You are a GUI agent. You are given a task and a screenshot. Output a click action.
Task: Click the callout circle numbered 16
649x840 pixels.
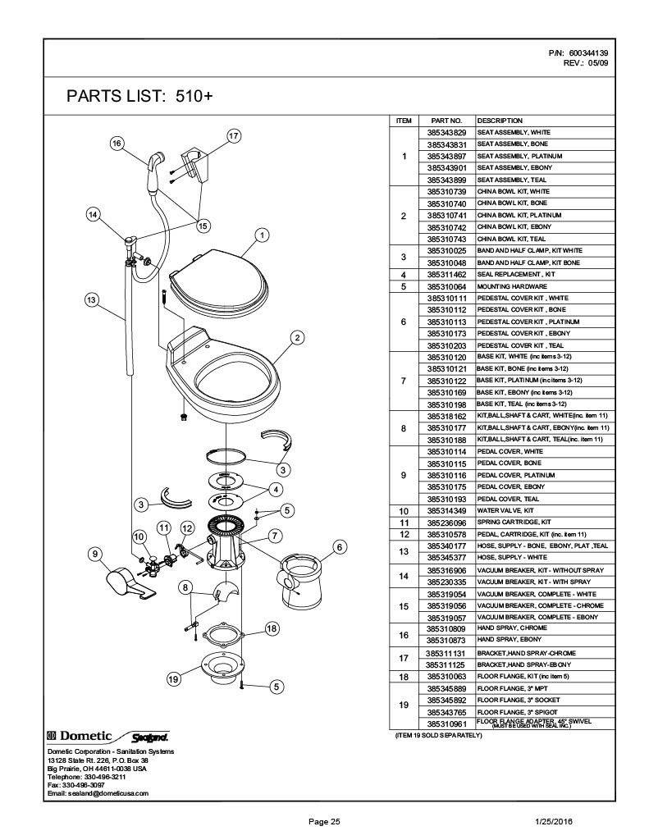coord(117,143)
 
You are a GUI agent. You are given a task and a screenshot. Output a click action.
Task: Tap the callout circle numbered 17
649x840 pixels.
coord(233,135)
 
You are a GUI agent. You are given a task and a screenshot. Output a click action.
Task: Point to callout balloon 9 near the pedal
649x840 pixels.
coord(96,554)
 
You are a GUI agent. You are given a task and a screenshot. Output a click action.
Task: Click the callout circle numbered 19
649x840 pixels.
coord(174,678)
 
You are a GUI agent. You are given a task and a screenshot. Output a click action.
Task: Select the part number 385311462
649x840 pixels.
coord(447,274)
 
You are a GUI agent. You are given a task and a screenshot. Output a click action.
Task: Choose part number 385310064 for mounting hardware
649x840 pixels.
coord(447,285)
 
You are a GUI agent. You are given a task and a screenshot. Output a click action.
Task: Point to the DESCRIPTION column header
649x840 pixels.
coord(494,121)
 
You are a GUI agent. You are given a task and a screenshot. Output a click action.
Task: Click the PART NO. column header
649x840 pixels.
coord(447,121)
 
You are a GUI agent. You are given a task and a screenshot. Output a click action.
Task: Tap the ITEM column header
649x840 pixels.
coord(404,121)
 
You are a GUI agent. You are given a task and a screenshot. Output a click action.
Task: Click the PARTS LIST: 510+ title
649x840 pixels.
coord(139,96)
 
